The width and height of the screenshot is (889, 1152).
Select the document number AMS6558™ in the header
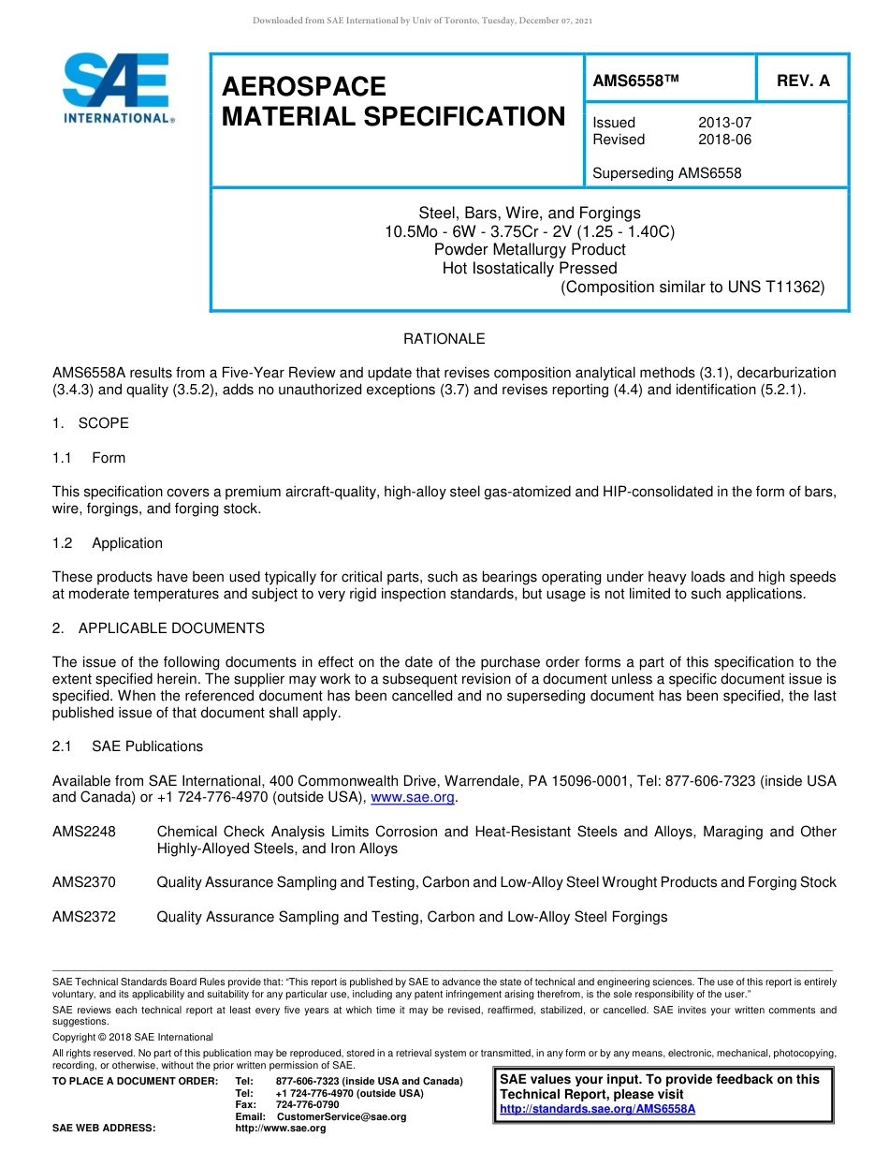tap(634, 81)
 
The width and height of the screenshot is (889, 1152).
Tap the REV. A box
tap(802, 81)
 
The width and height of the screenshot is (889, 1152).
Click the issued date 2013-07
tap(724, 123)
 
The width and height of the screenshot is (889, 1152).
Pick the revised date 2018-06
tap(724, 140)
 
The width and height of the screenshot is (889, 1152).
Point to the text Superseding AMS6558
tap(666, 173)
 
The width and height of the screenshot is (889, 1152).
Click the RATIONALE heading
tap(444, 339)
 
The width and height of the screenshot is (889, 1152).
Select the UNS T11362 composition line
tap(692, 288)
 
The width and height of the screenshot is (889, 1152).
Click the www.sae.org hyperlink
tap(413, 798)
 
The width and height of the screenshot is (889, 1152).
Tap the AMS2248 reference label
tap(84, 832)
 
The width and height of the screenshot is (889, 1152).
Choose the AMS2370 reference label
tap(84, 882)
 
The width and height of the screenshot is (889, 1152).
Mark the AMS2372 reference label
tap(84, 917)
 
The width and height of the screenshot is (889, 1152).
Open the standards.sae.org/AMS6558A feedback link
tap(597, 1109)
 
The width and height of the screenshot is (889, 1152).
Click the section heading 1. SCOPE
tap(91, 423)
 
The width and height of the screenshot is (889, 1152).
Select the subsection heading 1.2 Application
tap(108, 543)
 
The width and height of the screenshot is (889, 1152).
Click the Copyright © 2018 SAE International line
tap(133, 1037)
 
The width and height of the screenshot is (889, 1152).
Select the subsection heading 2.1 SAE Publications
tap(127, 746)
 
